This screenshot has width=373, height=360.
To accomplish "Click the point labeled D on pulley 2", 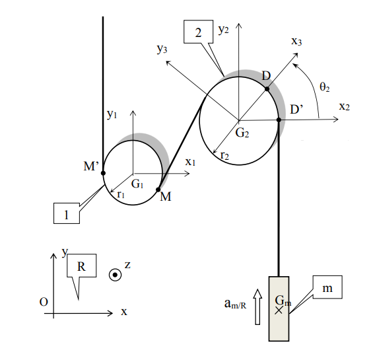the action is tap(267, 89).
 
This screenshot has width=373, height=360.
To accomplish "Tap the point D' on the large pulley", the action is tap(279, 120).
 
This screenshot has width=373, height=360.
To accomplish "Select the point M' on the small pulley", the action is tap(103, 173).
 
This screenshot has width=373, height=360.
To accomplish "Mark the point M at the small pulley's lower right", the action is tap(158, 190).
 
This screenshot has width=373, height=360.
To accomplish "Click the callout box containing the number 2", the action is tap(199, 32).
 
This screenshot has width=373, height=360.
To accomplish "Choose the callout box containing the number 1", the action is tap(67, 213).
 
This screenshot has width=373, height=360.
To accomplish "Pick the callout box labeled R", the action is tap(82, 266).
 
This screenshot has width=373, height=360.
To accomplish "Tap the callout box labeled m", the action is tap(327, 287).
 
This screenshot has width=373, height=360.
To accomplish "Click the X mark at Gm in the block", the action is tap(279, 310).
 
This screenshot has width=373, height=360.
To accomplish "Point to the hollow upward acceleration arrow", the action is tap(257, 307).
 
